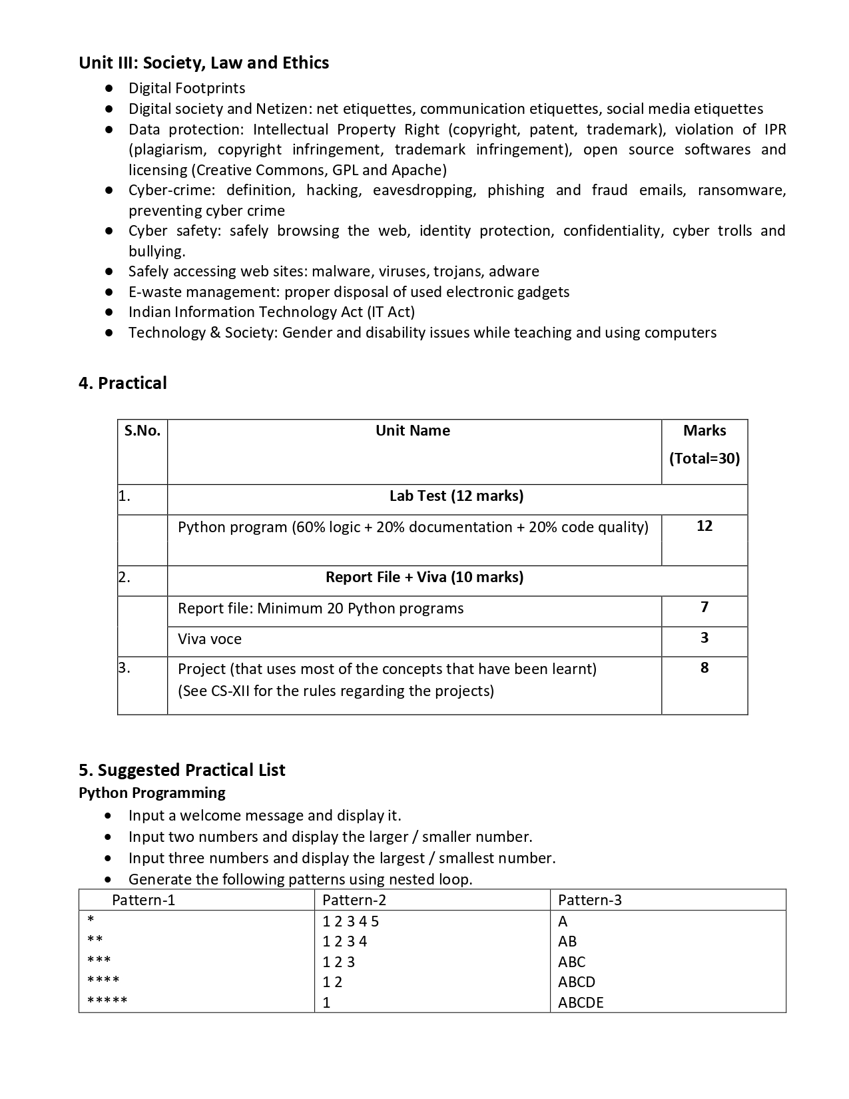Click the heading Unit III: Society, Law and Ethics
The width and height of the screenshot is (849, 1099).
pyautogui.click(x=204, y=63)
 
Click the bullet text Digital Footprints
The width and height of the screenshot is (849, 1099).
pyautogui.click(x=186, y=89)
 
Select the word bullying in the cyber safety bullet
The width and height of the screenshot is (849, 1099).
pyautogui.click(x=156, y=252)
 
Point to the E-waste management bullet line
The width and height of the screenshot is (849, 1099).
pyautogui.click(x=348, y=292)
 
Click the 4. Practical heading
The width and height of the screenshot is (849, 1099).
pyautogui.click(x=123, y=383)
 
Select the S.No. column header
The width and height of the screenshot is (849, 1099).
pyautogui.click(x=142, y=431)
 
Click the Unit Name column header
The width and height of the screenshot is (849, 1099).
pyautogui.click(x=412, y=431)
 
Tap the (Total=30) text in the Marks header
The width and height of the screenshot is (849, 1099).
pyautogui.click(x=704, y=458)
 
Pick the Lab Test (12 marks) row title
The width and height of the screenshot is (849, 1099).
pyautogui.click(x=456, y=496)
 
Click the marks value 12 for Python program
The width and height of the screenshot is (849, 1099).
pyautogui.click(x=704, y=526)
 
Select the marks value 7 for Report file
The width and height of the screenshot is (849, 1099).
pyautogui.click(x=704, y=607)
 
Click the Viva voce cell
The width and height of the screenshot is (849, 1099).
pyautogui.click(x=210, y=639)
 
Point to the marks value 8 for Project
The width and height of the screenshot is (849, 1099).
pyautogui.click(x=704, y=668)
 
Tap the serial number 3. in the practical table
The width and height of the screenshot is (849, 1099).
pyautogui.click(x=125, y=668)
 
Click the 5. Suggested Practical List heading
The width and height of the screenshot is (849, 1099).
pyautogui.click(x=182, y=770)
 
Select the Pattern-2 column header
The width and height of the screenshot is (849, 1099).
pyautogui.click(x=354, y=901)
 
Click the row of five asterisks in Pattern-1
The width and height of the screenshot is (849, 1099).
pyautogui.click(x=107, y=1001)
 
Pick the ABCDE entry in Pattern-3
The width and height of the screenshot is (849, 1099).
pyautogui.click(x=580, y=1002)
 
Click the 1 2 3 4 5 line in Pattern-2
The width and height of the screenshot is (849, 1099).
pyautogui.click(x=350, y=922)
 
